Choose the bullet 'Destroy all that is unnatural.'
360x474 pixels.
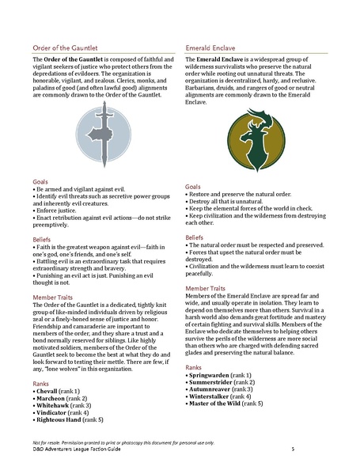(x=229, y=201)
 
